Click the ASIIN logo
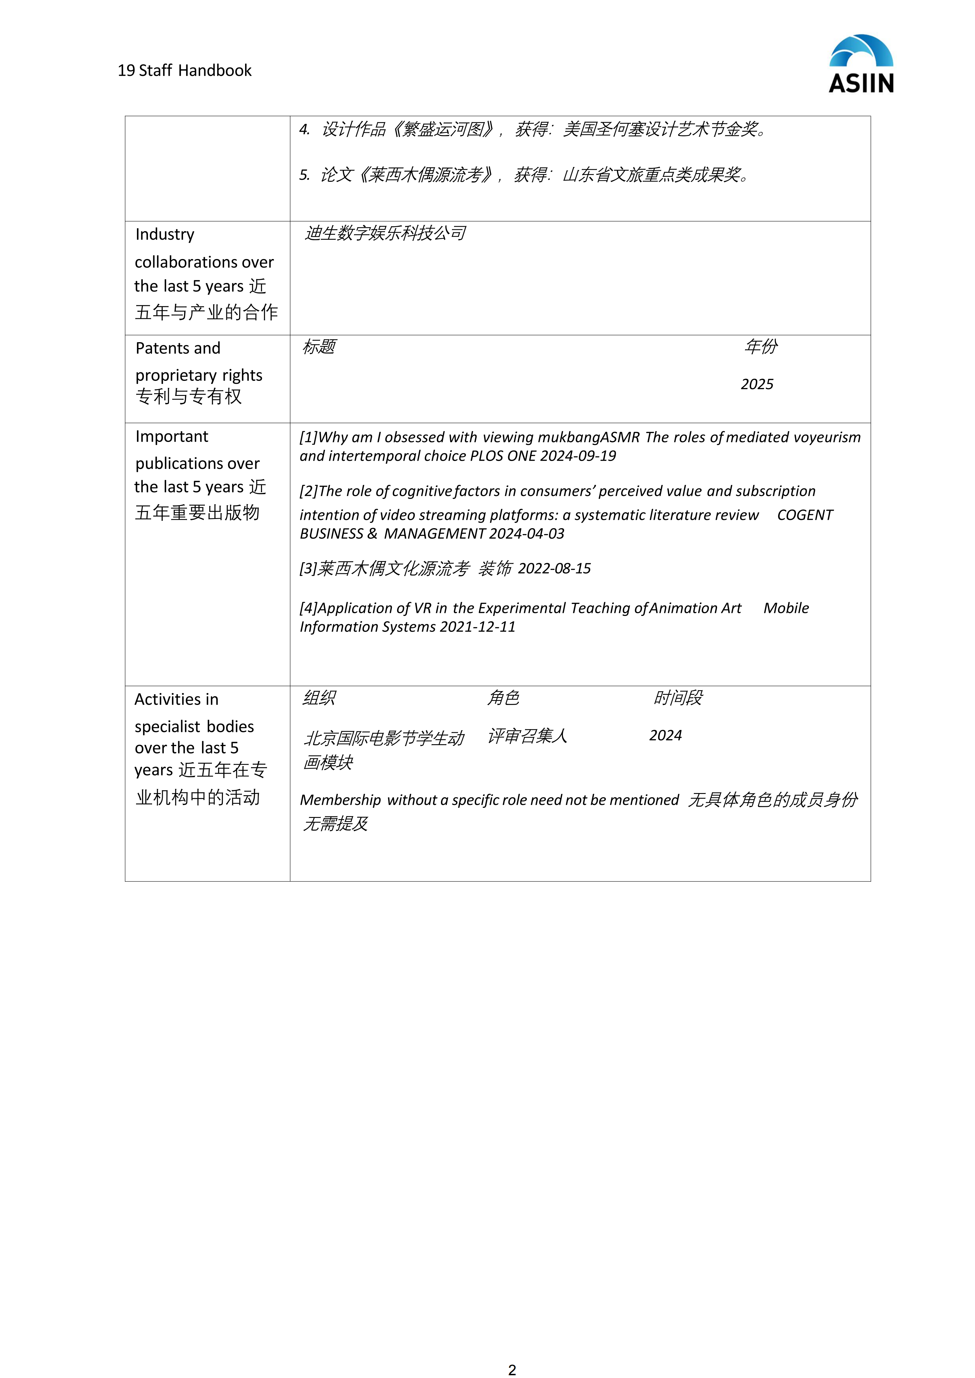pyautogui.click(x=861, y=64)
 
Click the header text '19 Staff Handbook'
pyautogui.click(x=184, y=71)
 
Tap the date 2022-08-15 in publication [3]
pyautogui.click(x=554, y=568)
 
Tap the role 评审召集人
pyautogui.click(x=527, y=736)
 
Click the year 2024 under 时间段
pyautogui.click(x=665, y=736)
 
